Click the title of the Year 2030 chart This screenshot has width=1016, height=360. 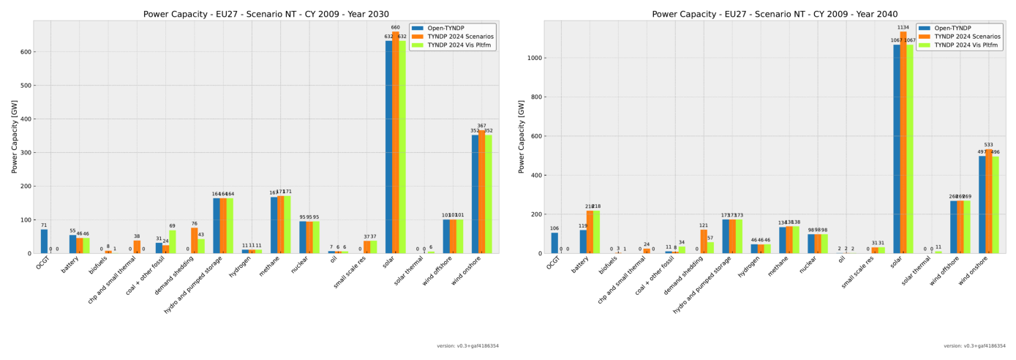[x=266, y=14]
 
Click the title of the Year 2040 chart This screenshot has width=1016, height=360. [x=775, y=14]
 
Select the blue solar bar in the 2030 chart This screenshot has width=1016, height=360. [x=389, y=146]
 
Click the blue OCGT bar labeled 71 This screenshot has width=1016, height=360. [x=44, y=241]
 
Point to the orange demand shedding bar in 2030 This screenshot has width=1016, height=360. [x=195, y=241]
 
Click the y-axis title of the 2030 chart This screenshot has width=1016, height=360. [x=14, y=137]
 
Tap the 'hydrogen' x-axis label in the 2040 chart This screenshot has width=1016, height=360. [x=745, y=269]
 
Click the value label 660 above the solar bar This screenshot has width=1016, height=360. [x=396, y=28]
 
